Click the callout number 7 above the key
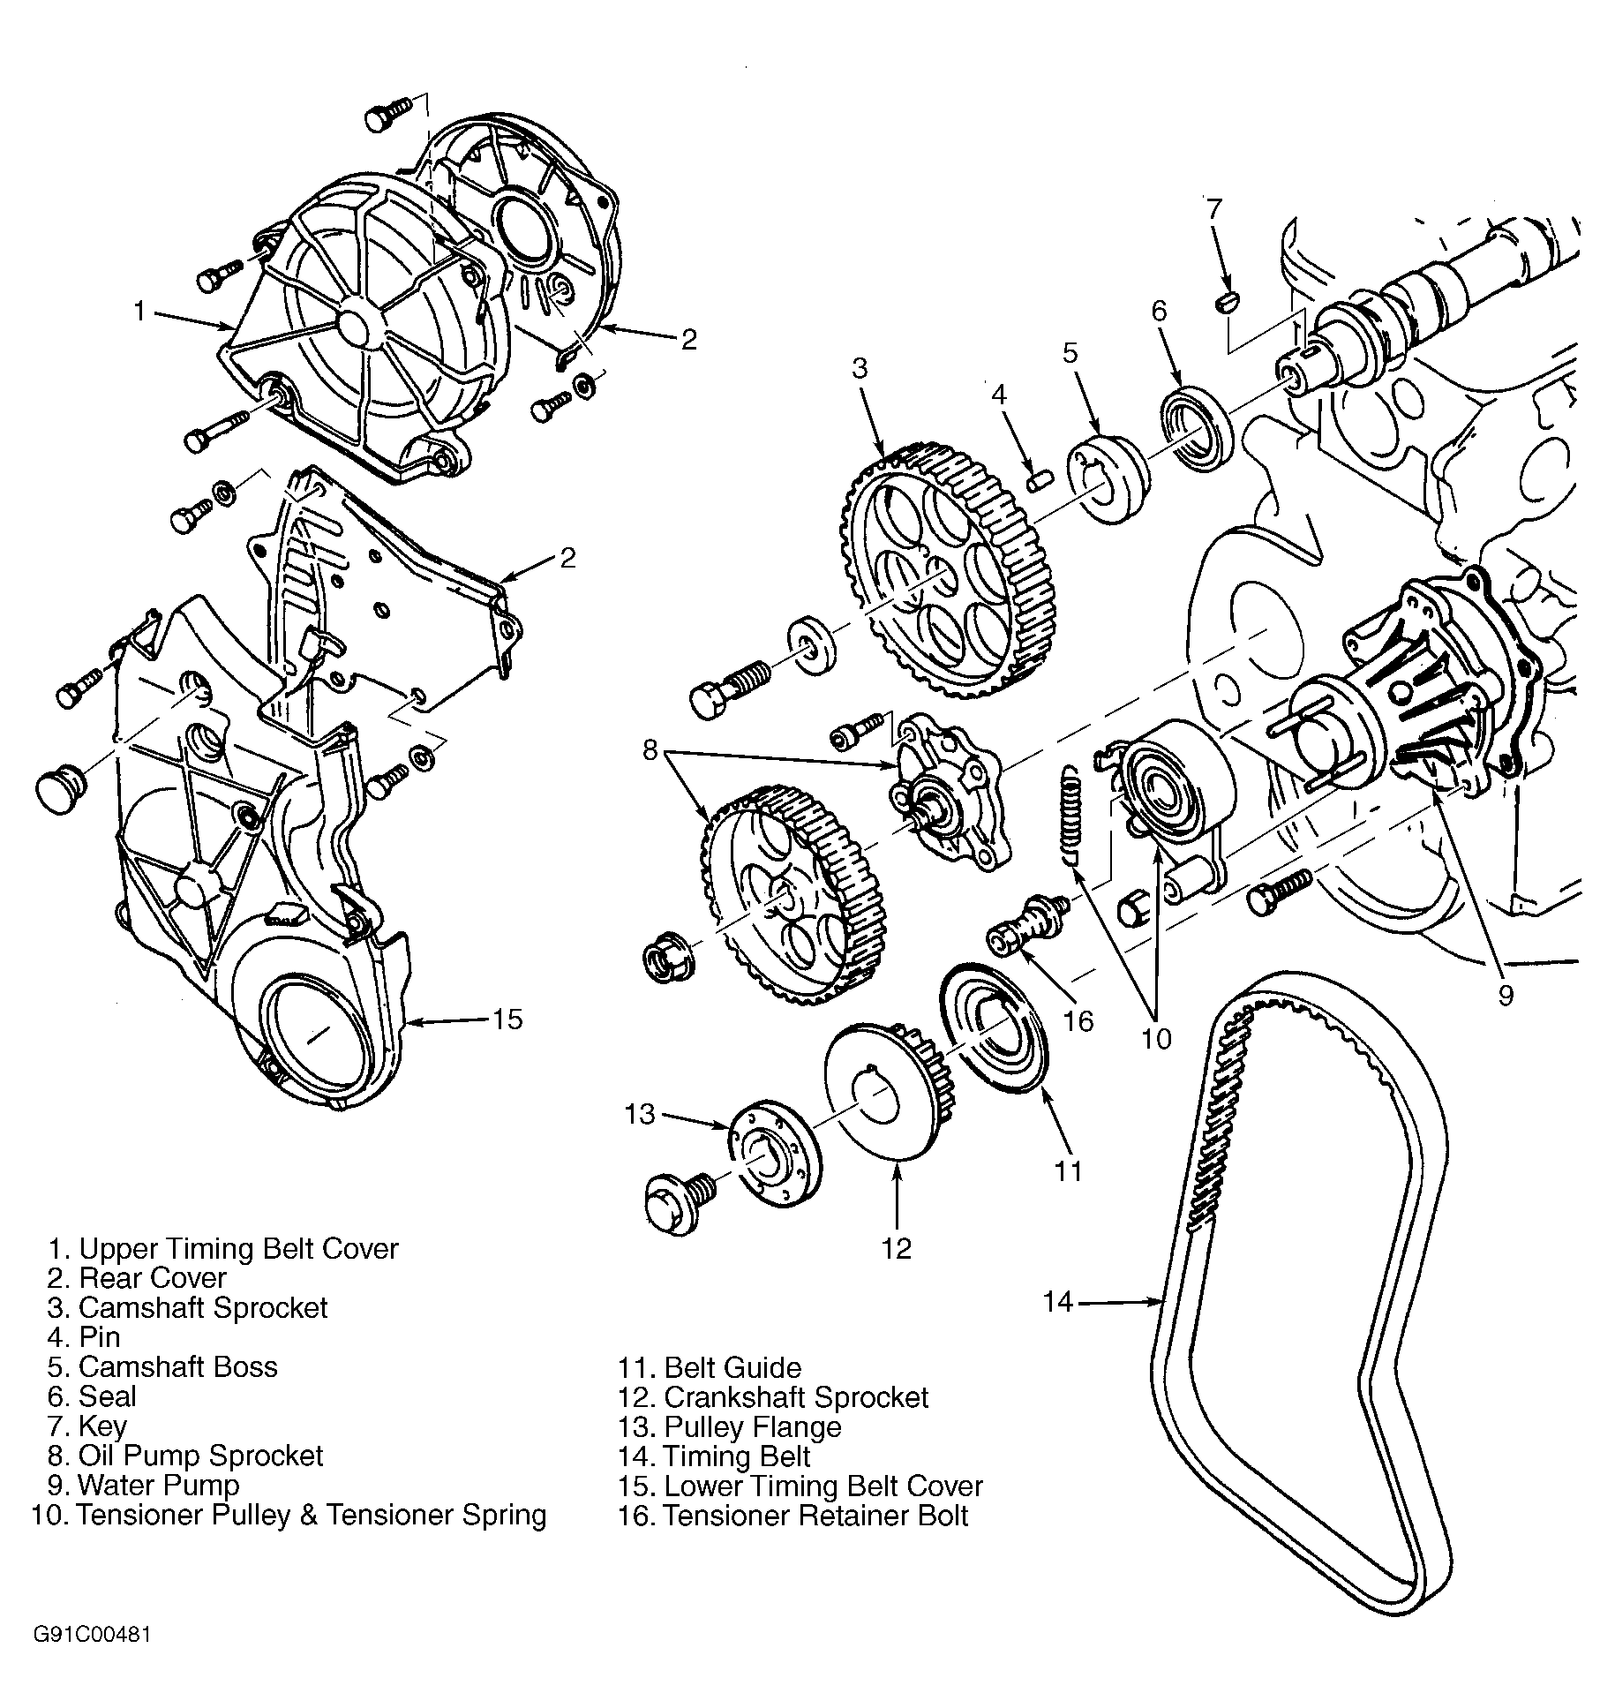click(1214, 208)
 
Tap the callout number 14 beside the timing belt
click(1057, 1301)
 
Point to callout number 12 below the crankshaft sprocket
click(896, 1247)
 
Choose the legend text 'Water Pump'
click(158, 1485)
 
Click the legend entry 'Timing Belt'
click(736, 1456)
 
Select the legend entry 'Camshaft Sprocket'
click(203, 1307)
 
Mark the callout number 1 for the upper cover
click(139, 311)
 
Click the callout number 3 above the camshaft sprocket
click(860, 368)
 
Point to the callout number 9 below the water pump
click(1506, 996)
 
